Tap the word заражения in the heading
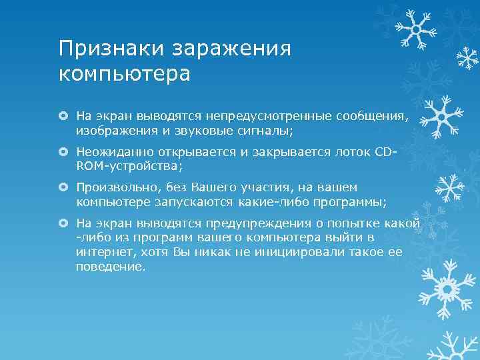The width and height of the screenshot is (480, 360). (232, 48)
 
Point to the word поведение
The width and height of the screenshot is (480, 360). (109, 267)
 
